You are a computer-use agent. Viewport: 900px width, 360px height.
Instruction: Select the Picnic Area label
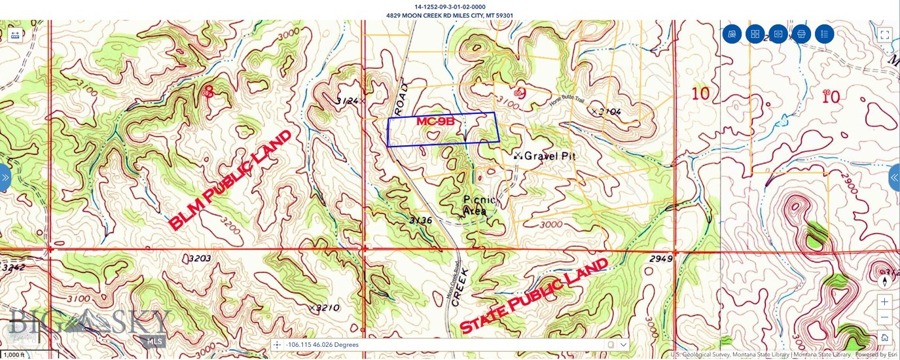point(480,205)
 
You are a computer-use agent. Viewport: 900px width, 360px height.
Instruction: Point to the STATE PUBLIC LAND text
point(534,296)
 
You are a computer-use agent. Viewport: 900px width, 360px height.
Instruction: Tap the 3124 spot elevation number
point(346,101)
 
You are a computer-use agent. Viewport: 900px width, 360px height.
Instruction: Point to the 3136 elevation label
point(420,221)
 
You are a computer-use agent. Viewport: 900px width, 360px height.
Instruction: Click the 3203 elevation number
point(200,259)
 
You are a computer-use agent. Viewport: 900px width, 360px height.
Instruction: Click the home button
point(884,337)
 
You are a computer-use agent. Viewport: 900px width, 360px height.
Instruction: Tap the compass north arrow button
point(884,281)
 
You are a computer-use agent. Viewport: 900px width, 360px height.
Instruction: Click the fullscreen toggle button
point(884,35)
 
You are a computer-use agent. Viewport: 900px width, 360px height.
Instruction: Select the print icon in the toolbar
point(801,34)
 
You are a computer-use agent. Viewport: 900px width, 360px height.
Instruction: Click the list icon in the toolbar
point(824,34)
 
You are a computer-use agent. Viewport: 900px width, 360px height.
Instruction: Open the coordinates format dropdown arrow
point(624,344)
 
